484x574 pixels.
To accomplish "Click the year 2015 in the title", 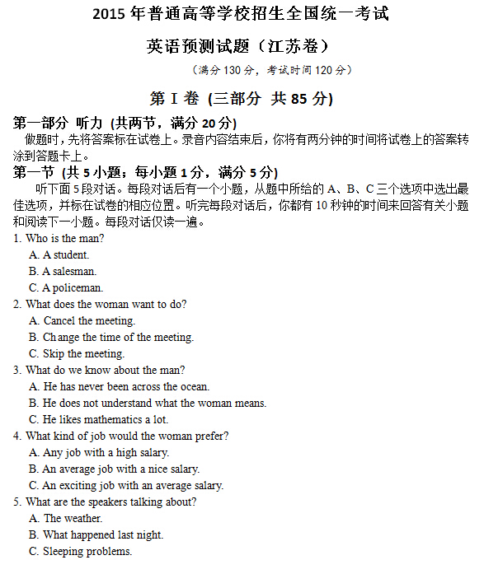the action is coord(108,14).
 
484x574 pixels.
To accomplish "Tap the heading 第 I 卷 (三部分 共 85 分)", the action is coord(241,99).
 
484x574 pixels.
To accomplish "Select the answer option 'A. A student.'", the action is coord(59,255).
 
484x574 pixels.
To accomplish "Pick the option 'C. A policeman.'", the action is coord(65,288).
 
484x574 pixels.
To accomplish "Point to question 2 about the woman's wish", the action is coord(100,305).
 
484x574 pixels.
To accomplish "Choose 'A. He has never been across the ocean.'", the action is coord(119,387).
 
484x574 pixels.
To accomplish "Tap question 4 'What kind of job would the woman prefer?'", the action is coord(121,436).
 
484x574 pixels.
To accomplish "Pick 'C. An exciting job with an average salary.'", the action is coord(125,486).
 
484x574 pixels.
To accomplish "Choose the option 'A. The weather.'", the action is coord(65,519).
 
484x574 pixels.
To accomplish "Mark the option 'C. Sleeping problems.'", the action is coord(80,552).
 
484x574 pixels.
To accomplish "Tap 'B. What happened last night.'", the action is coord(96,535).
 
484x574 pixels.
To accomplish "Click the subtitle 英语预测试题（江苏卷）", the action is coord(241,46).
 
